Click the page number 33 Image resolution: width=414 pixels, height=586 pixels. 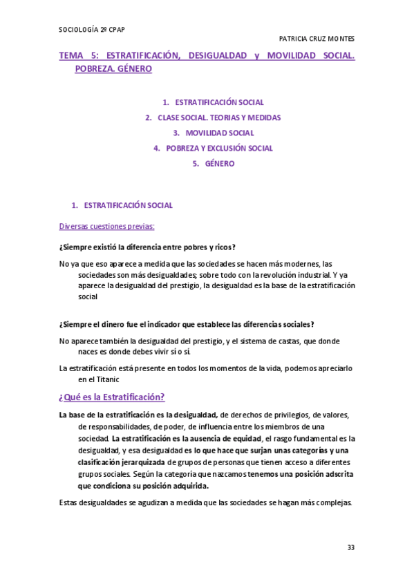click(x=351, y=547)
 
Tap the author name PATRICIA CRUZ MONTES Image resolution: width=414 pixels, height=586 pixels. click(x=317, y=38)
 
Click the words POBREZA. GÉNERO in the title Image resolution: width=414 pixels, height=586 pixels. click(x=113, y=69)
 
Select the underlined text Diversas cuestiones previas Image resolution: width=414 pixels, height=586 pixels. click(x=106, y=226)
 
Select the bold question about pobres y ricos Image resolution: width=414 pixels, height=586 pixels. click(x=147, y=247)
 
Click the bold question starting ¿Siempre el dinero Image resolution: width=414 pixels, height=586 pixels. click(x=187, y=324)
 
